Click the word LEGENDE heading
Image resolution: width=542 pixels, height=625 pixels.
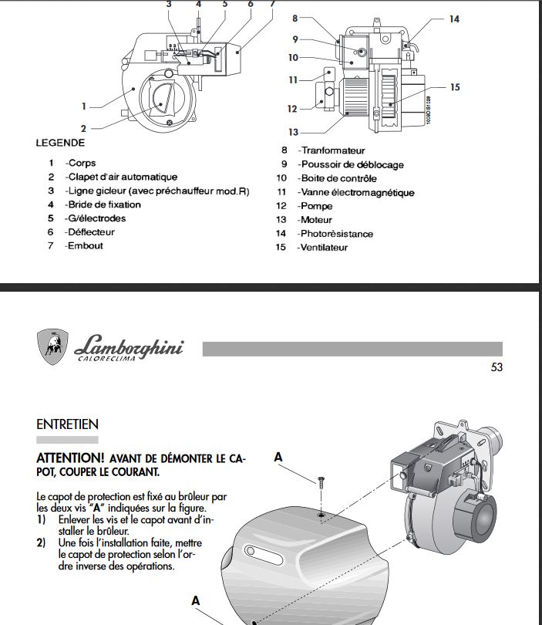60,143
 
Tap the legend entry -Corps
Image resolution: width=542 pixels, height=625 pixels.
81,163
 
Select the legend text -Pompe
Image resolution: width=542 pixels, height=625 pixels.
317,206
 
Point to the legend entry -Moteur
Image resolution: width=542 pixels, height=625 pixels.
316,220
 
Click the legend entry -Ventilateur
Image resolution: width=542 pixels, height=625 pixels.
324,248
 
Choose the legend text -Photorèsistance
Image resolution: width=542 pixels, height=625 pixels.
337,234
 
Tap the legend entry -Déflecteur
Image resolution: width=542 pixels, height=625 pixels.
90,231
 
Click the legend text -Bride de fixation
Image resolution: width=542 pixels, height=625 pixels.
103,204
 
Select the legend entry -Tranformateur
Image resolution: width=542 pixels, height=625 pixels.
332,150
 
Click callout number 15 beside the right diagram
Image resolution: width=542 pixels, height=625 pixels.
455,87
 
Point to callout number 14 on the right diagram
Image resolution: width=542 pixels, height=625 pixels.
454,18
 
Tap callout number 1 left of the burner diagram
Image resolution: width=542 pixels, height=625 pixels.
84,106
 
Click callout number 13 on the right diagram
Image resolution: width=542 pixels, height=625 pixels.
293,132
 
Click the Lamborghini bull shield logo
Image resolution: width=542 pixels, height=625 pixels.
52,347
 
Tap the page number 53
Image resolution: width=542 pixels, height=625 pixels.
497,367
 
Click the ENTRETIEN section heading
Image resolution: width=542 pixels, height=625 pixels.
67,424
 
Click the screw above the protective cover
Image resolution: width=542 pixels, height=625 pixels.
319,484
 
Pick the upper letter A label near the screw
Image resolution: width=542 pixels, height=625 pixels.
278,457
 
